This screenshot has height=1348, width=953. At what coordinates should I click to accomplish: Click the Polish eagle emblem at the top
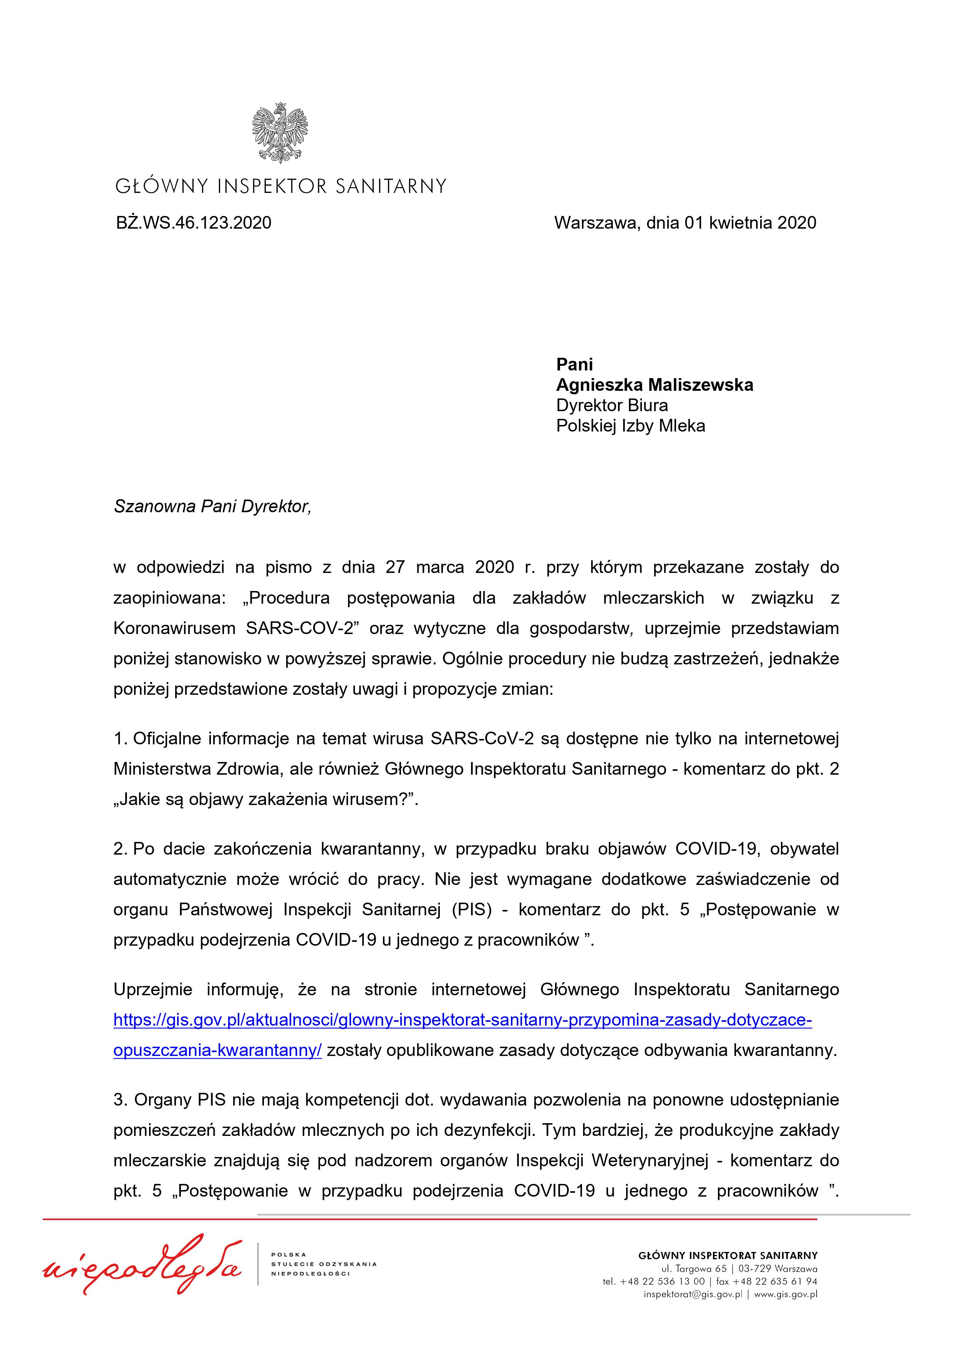pyautogui.click(x=280, y=132)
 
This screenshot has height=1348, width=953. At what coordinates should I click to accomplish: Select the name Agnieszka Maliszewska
pyautogui.click(x=654, y=385)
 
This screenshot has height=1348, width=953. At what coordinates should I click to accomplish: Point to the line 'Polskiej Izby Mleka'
pyautogui.click(x=630, y=426)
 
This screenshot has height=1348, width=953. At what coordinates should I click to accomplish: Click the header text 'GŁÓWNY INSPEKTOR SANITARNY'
pyautogui.click(x=280, y=187)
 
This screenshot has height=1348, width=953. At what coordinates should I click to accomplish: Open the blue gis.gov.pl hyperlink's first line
pyautogui.click(x=462, y=1020)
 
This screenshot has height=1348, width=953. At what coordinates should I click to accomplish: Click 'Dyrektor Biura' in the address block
pyautogui.click(x=612, y=406)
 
